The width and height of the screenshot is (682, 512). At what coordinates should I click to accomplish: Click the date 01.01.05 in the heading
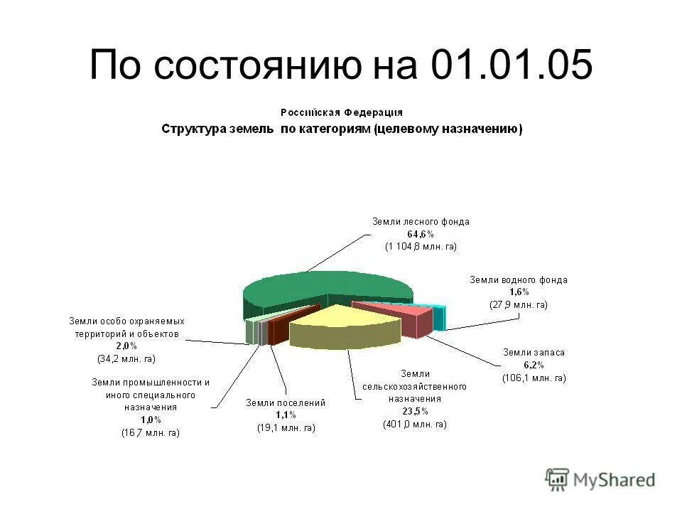pyautogui.click(x=511, y=67)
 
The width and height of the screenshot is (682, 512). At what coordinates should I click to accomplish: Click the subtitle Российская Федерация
pyautogui.click(x=341, y=112)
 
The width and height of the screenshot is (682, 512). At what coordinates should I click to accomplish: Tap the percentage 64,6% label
pyautogui.click(x=421, y=234)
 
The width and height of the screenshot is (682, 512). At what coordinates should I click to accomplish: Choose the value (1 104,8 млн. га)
pyautogui.click(x=421, y=246)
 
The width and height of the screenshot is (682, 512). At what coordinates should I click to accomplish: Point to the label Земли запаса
pyautogui.click(x=534, y=352)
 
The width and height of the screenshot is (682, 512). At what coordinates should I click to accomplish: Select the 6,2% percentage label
pyautogui.click(x=534, y=364)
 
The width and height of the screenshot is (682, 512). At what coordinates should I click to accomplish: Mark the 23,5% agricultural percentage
pyautogui.click(x=414, y=411)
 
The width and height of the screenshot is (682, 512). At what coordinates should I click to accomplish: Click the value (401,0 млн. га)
pyautogui.click(x=414, y=424)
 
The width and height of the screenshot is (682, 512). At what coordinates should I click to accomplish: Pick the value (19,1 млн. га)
pyautogui.click(x=286, y=428)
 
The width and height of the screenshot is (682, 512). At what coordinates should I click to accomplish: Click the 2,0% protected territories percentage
pyautogui.click(x=126, y=346)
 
